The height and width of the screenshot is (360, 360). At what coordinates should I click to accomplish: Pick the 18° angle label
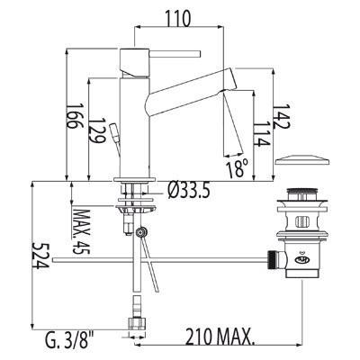[x=238, y=168]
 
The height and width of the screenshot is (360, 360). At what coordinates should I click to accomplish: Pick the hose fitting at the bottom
[x=137, y=319]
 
